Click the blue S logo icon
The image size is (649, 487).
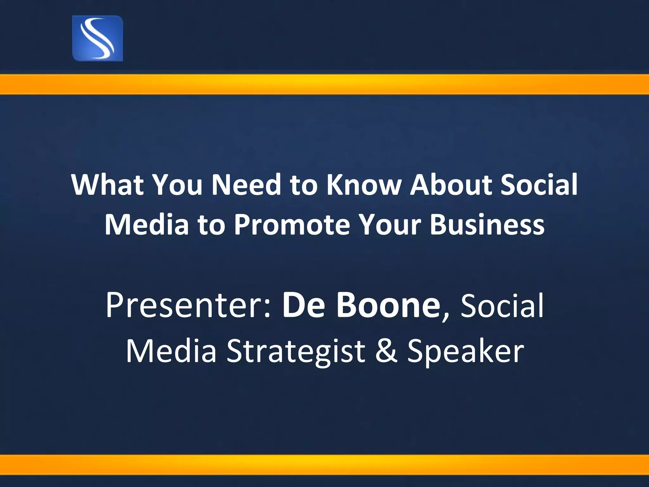pyautogui.click(x=98, y=38)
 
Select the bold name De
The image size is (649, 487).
pyautogui.click(x=301, y=306)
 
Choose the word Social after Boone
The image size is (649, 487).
pyautogui.click(x=502, y=306)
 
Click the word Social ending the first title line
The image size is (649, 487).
pyautogui.click(x=539, y=185)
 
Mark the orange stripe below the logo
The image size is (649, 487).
pyautogui.click(x=324, y=84)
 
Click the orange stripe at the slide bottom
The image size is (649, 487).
pyautogui.click(x=324, y=464)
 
